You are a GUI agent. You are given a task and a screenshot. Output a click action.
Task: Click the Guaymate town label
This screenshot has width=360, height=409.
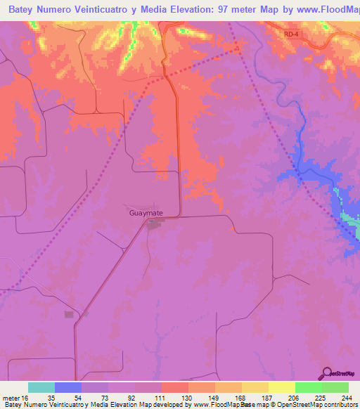pyautogui.click(x=146, y=212)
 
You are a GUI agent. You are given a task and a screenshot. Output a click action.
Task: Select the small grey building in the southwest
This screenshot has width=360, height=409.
pyautogui.click(x=69, y=314)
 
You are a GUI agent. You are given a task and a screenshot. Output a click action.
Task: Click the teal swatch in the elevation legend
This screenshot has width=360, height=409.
pyautogui.click(x=41, y=387)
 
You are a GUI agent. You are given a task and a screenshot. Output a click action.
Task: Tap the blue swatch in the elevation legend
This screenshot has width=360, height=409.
pyautogui.click(x=68, y=387)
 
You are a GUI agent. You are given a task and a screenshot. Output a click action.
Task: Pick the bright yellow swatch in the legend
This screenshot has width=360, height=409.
pyautogui.click(x=281, y=387)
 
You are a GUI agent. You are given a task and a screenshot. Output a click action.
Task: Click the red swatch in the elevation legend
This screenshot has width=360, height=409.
pyautogui.click(x=174, y=387)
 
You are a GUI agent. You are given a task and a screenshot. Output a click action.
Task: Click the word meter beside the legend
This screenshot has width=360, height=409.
pyautogui.click(x=10, y=398)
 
